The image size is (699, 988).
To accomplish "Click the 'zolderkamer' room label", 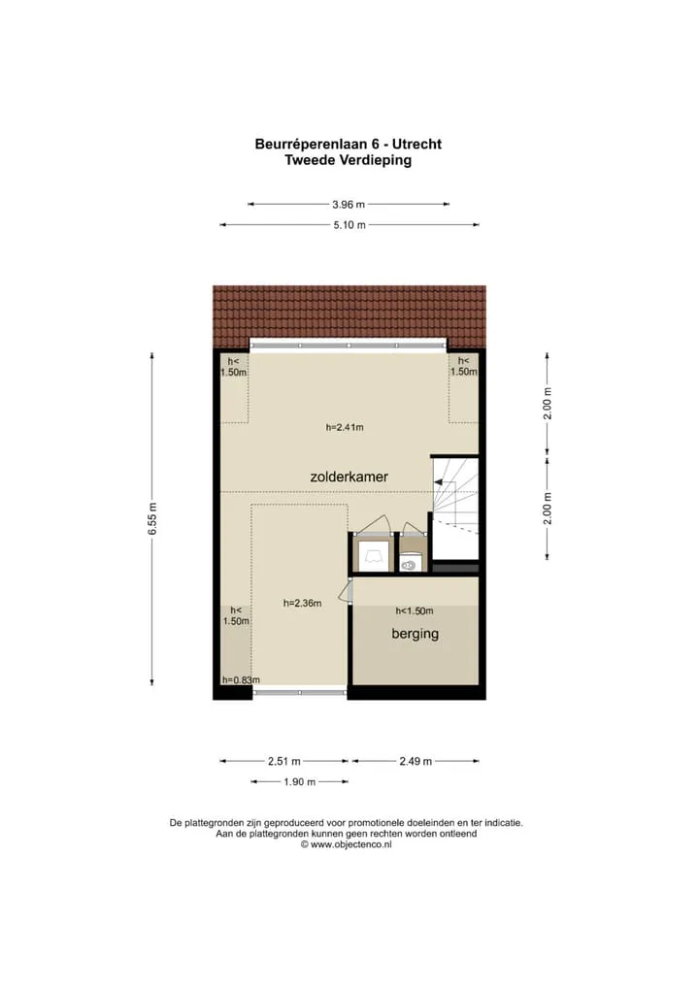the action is pos(349,477).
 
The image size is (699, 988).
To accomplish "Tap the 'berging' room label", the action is pos(415,634).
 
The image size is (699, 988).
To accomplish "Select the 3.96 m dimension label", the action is pos(349,204).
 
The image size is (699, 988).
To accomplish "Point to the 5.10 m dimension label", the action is pos(349,225).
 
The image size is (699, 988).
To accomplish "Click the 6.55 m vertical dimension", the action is pos(152,519).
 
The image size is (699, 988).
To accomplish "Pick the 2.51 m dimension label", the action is pos(284,761).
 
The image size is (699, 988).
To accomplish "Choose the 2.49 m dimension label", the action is pos(416,761).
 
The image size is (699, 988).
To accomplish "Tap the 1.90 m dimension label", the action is pos(299,782).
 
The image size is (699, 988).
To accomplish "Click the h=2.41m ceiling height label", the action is pos(345,427).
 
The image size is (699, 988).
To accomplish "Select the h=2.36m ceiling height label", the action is pos(303,603).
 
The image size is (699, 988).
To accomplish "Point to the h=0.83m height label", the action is pos(241,680).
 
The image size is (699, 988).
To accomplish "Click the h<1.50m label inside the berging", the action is pos(415,610).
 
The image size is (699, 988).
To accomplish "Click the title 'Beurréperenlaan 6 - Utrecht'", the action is pos(348,144).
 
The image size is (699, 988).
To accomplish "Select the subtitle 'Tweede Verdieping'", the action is pos(348,160).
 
